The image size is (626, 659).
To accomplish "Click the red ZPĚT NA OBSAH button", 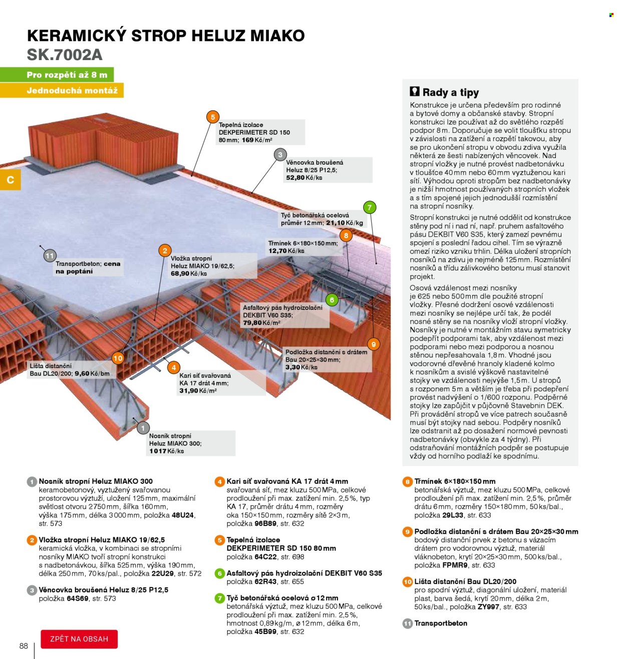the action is pos(79,638).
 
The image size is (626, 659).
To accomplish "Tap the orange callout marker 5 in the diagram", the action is pos(212,117).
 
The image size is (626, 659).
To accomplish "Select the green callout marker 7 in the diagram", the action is pos(369,207).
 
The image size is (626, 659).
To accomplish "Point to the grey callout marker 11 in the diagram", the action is pos(50,256).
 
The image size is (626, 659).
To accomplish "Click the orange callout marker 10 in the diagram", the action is pos(118,358).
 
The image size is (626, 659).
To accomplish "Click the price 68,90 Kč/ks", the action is pos(189,273).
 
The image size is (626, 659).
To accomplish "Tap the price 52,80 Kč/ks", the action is pos(304,178).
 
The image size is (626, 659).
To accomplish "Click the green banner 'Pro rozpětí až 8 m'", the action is pos(57,75).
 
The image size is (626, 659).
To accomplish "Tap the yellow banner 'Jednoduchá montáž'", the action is pos(62,90).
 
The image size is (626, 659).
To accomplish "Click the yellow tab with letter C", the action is pos(11,180).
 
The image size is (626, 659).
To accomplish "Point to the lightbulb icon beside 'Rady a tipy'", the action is pos(415,92).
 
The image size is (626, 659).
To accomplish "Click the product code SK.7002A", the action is pos(65,55).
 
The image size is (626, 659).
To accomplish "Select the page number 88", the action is pos(24,645).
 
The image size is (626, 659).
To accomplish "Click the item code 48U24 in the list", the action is pos(182,515).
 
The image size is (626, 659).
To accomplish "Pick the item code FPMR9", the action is pos(455,565).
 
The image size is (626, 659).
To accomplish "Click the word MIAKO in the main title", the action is pos(277,36).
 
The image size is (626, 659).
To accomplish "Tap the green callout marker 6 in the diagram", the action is pos(332,299).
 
